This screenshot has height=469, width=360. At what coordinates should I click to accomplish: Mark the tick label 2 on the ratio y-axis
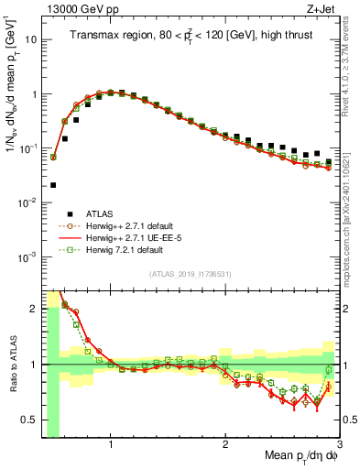tap(35, 308)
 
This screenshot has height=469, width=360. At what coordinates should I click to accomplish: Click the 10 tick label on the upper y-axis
tap(31, 40)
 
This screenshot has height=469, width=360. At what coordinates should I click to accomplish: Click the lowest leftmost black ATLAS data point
tap(53, 185)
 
